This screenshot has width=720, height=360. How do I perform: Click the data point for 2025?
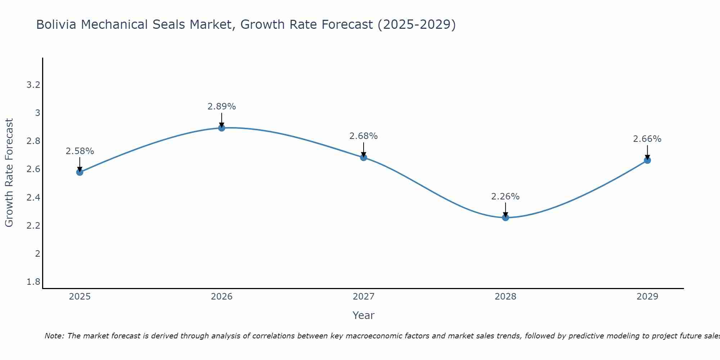coord(80,172)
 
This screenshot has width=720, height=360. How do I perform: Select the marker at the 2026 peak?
coord(222,128)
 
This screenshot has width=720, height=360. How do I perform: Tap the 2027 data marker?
coord(364,157)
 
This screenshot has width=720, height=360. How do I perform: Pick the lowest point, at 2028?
coord(505,217)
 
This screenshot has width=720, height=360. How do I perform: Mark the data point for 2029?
coord(647,160)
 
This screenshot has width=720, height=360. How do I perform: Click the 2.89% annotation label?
coord(222,107)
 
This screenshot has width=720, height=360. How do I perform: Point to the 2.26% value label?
coord(505,197)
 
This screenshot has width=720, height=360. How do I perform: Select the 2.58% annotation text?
coord(80,151)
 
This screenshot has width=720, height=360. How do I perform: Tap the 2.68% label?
coord(364,136)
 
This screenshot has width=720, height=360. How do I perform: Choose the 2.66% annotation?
coord(647,139)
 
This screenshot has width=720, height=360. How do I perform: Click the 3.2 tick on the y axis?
coord(33,85)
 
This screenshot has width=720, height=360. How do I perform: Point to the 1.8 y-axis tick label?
coord(33,282)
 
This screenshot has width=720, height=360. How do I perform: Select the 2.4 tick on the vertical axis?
coord(33,197)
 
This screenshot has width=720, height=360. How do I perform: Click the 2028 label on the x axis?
coord(505,297)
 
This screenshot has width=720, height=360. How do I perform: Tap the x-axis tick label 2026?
coord(222,297)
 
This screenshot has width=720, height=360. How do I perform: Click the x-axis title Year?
coord(364,315)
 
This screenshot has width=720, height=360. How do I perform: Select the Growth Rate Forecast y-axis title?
coord(9,173)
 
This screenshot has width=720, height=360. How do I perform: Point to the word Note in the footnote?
coord(54,336)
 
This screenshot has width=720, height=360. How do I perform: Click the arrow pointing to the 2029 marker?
coord(647,152)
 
